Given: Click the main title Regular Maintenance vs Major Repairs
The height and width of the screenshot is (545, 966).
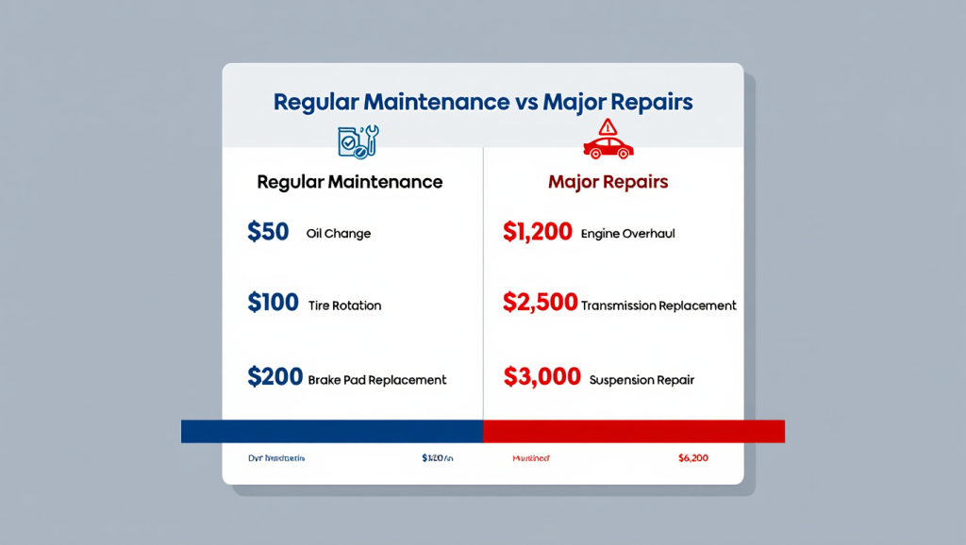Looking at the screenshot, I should tap(482, 102).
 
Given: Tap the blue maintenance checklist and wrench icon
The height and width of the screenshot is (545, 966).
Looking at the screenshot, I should tap(358, 140).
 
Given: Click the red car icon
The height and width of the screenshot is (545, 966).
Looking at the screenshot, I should tap(608, 147).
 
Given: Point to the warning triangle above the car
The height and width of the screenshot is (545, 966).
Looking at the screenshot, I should tap(608, 126).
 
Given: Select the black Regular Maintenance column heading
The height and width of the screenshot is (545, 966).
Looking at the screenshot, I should tap(349, 181).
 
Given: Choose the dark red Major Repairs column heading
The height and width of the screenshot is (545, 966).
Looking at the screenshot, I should tap(608, 181).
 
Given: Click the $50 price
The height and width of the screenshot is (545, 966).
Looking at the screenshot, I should tap(268, 232).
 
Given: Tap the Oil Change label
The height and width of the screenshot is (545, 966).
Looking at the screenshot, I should tap(339, 234).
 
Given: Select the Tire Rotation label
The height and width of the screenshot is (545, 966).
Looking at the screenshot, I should tap(344, 305).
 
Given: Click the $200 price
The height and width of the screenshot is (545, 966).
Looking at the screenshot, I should tap(274, 377).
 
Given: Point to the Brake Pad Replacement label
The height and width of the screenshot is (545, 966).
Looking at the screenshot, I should tap(377, 380).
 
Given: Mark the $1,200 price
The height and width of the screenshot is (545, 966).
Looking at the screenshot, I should tap(538, 232).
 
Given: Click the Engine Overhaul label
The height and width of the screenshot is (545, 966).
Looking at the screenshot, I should tap(628, 234).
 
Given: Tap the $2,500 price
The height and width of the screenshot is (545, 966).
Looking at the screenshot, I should tap(540, 303).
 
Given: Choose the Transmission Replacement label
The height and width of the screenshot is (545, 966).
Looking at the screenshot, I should tap(658, 306).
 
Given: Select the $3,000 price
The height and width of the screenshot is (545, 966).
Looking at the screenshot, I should tap(541, 377).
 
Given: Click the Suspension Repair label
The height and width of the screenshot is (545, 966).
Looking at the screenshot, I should tap(641, 380).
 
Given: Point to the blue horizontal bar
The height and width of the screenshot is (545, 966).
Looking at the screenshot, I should tap(332, 431).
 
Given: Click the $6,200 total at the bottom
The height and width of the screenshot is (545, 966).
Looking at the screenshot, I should tap(692, 458).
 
